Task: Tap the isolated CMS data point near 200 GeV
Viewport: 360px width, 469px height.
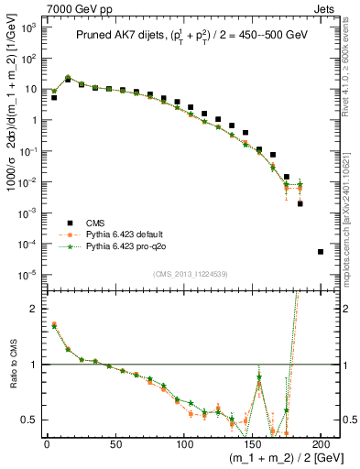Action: pos(321,251)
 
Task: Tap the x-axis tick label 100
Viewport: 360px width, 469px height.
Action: pos(183,442)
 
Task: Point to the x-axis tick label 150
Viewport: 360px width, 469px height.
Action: pos(252,442)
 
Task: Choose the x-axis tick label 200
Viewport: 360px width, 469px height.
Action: pos(321,442)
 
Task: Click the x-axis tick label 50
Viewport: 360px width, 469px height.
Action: pos(115,442)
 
